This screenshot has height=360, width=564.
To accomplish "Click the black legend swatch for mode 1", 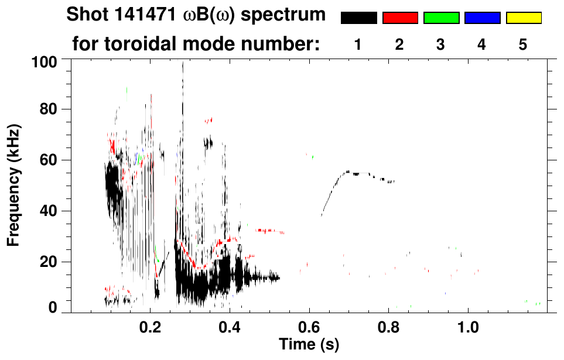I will coord(358,18).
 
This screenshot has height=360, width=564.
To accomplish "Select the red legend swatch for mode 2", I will coord(400,18).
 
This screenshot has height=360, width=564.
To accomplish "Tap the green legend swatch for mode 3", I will coord(441,18).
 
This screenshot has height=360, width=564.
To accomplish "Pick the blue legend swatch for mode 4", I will coord(482,18).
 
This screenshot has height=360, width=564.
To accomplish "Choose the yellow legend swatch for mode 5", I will coord(523,18).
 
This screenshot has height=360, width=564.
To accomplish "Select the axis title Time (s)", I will coord(309,344).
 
